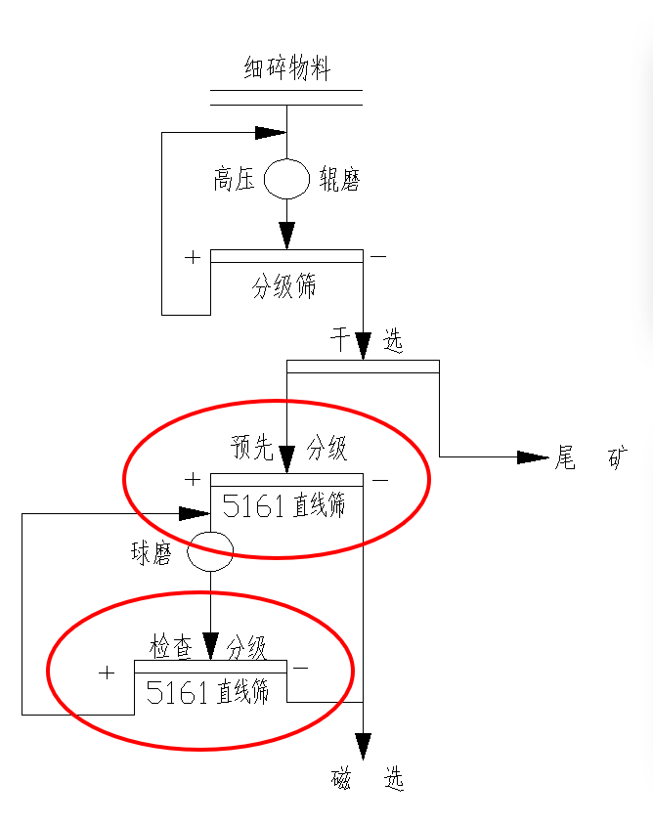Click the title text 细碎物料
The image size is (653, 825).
[x=286, y=69]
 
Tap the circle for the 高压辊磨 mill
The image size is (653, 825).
[x=286, y=178]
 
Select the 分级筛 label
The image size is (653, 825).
[x=284, y=287]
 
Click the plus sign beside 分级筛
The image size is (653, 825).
[x=193, y=258]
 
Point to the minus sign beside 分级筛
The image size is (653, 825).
[x=378, y=257]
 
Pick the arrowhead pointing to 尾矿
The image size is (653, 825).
[x=532, y=457]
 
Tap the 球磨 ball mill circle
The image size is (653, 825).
[x=210, y=552]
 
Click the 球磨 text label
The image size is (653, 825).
[x=152, y=553]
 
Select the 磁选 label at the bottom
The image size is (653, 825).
[x=368, y=779]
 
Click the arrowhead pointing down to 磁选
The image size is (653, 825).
[x=363, y=747]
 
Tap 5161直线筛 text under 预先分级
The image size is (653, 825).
[x=284, y=505]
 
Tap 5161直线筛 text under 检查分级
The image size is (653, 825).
[x=207, y=692]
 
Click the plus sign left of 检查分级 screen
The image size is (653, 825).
[x=107, y=673]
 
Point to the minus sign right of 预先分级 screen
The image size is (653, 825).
[x=380, y=480]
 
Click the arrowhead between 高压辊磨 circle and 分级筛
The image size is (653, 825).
[x=286, y=235]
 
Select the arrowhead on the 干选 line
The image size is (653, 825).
[x=363, y=345]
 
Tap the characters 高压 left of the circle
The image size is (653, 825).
[x=235, y=180]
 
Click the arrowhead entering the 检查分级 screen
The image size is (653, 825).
[x=210, y=646]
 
